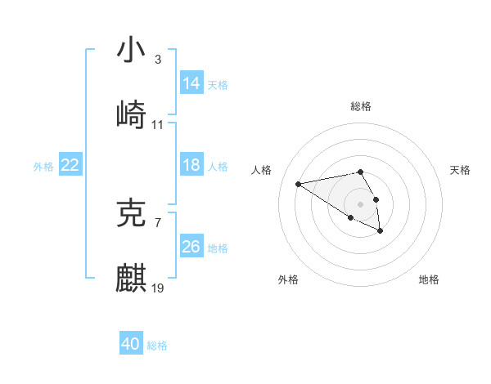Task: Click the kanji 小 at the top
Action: [131, 51]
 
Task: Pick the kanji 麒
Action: [131, 278]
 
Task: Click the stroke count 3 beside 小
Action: [157, 60]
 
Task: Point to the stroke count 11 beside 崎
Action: [158, 124]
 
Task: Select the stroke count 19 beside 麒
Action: [158, 288]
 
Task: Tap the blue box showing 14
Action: [191, 83]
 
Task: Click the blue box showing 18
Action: [191, 165]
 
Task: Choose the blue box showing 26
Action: [191, 247]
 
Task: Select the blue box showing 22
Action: [70, 165]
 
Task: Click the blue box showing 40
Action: [131, 344]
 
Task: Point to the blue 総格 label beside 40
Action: [157, 346]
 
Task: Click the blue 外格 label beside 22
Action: [43, 166]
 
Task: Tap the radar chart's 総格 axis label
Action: [361, 106]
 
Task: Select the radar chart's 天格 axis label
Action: [460, 170]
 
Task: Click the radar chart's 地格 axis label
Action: [429, 279]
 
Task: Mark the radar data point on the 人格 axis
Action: [299, 183]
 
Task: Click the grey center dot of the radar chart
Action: [361, 203]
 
